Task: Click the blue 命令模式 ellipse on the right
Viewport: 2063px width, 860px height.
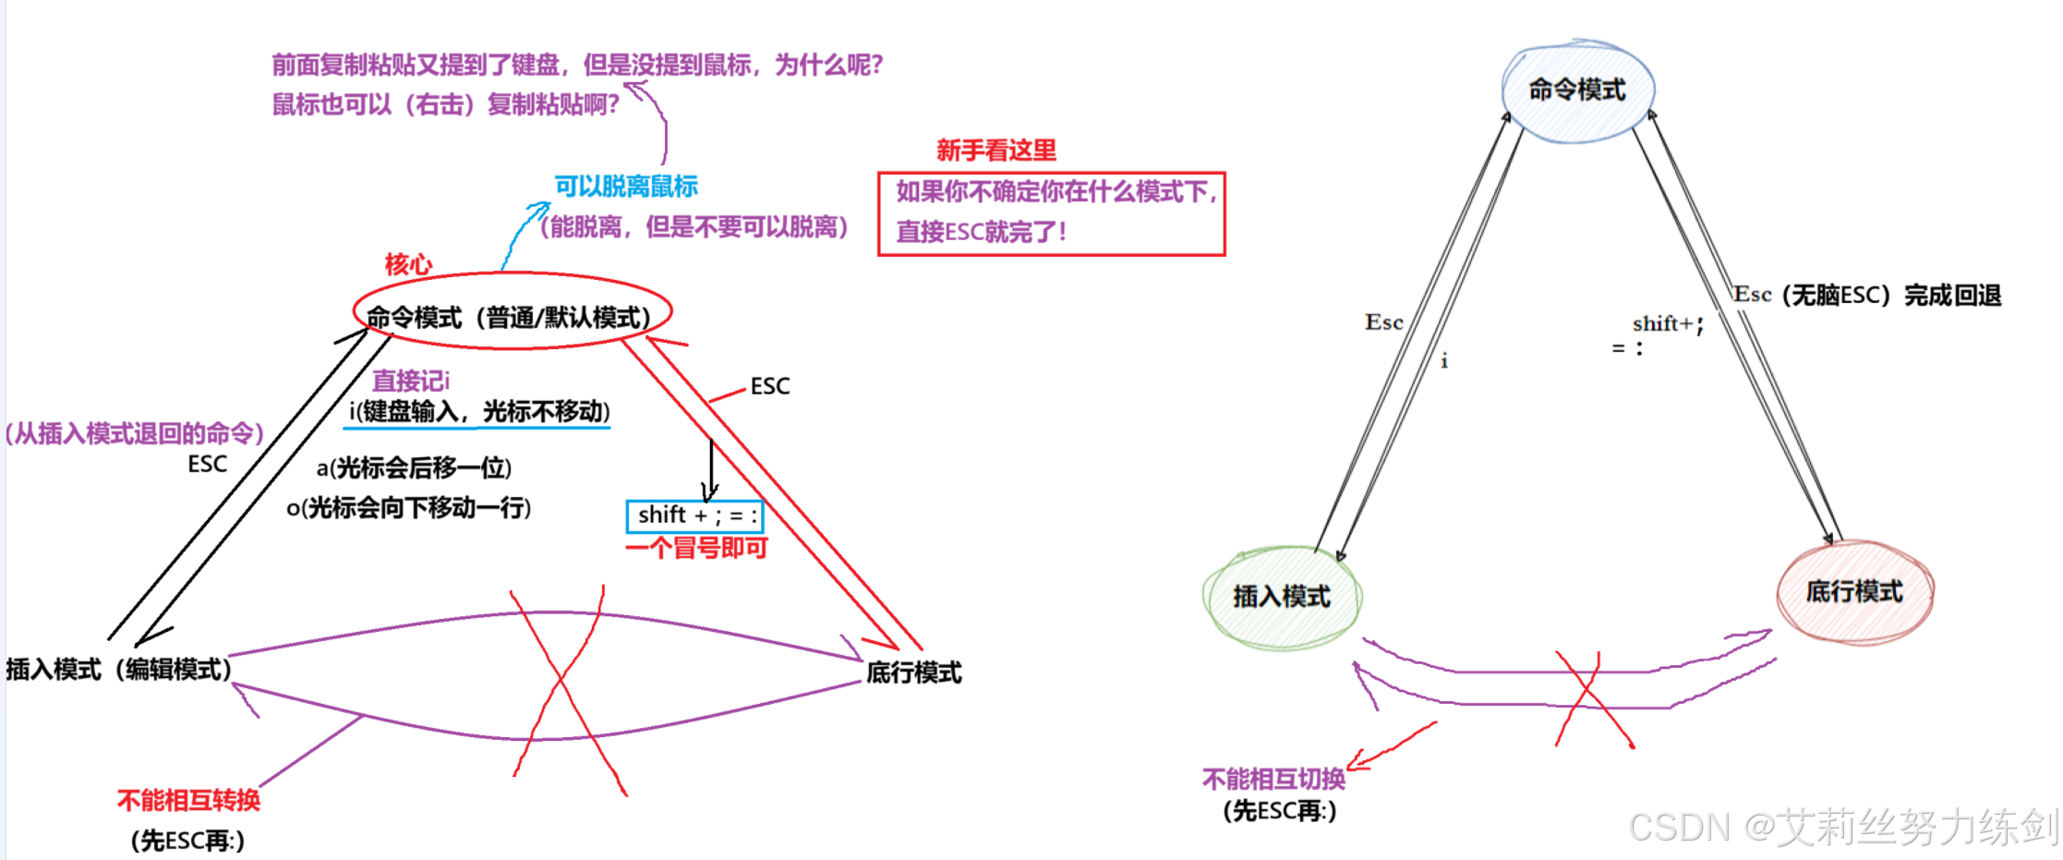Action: [x=1577, y=90]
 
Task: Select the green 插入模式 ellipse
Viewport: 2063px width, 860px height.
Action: [x=1281, y=597]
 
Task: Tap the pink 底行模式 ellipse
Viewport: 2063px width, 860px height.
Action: [x=1853, y=592]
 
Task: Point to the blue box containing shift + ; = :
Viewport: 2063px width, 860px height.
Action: [x=695, y=515]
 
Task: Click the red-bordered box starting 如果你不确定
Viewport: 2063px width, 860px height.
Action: [x=1051, y=212]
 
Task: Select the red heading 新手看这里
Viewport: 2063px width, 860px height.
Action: [x=995, y=151]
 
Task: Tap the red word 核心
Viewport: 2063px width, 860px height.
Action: [x=408, y=264]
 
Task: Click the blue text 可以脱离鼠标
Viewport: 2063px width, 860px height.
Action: [x=626, y=187]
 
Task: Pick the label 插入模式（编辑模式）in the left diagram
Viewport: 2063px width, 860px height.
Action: [x=118, y=669]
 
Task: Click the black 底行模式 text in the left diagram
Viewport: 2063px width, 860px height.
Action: [x=913, y=672]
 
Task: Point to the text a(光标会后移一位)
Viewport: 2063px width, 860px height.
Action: [x=414, y=467]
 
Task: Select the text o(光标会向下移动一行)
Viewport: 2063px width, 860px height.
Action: [x=408, y=507]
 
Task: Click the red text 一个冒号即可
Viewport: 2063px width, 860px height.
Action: [x=696, y=548]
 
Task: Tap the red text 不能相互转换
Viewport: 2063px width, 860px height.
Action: [x=188, y=800]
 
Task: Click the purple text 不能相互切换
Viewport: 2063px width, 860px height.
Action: [x=1273, y=780]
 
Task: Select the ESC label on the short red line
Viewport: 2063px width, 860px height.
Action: [x=769, y=386]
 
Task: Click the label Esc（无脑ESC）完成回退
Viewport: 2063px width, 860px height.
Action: [x=1866, y=296]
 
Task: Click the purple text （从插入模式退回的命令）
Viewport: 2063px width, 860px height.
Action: [x=135, y=433]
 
